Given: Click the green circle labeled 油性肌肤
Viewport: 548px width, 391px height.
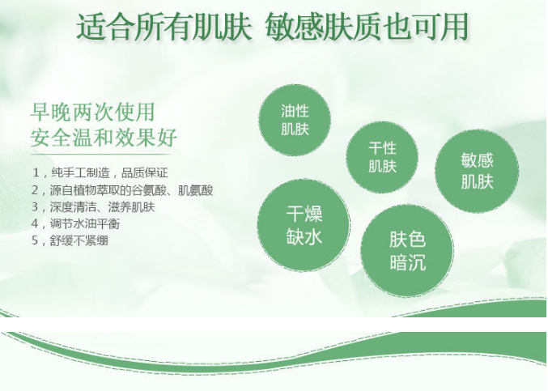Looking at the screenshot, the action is (x=295, y=120).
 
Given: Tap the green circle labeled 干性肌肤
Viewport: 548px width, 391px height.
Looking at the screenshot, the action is (x=382, y=157).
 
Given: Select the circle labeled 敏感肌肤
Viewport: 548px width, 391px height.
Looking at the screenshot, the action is (x=477, y=171).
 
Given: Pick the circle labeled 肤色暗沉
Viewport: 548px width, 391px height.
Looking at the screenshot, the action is (x=407, y=251).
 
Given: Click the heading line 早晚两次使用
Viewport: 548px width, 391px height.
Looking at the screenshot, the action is (x=92, y=113).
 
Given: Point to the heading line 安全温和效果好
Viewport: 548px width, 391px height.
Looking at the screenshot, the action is (x=104, y=138).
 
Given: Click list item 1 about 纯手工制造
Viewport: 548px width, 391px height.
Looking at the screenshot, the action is (x=100, y=172).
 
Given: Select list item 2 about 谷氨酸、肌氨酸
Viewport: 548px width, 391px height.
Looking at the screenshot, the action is (x=122, y=190).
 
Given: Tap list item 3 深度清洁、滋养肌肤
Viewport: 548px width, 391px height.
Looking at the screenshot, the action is (x=93, y=207).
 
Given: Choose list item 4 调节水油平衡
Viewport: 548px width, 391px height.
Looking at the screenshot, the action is (x=76, y=223).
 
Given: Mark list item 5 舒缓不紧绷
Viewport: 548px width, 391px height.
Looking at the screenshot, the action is (x=70, y=240).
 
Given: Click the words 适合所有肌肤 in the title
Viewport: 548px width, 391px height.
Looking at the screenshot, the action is (x=164, y=27).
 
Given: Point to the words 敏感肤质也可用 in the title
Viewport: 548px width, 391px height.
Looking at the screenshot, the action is (x=367, y=27).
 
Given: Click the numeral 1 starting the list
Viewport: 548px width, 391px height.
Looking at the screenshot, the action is (x=36, y=172).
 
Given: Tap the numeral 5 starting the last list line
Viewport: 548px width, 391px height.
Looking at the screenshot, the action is (x=35, y=240).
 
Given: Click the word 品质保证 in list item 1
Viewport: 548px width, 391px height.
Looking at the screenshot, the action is (x=145, y=172).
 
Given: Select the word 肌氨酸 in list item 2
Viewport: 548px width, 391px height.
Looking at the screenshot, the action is (x=196, y=190).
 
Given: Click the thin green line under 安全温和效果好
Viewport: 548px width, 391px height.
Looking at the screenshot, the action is (x=101, y=154).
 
